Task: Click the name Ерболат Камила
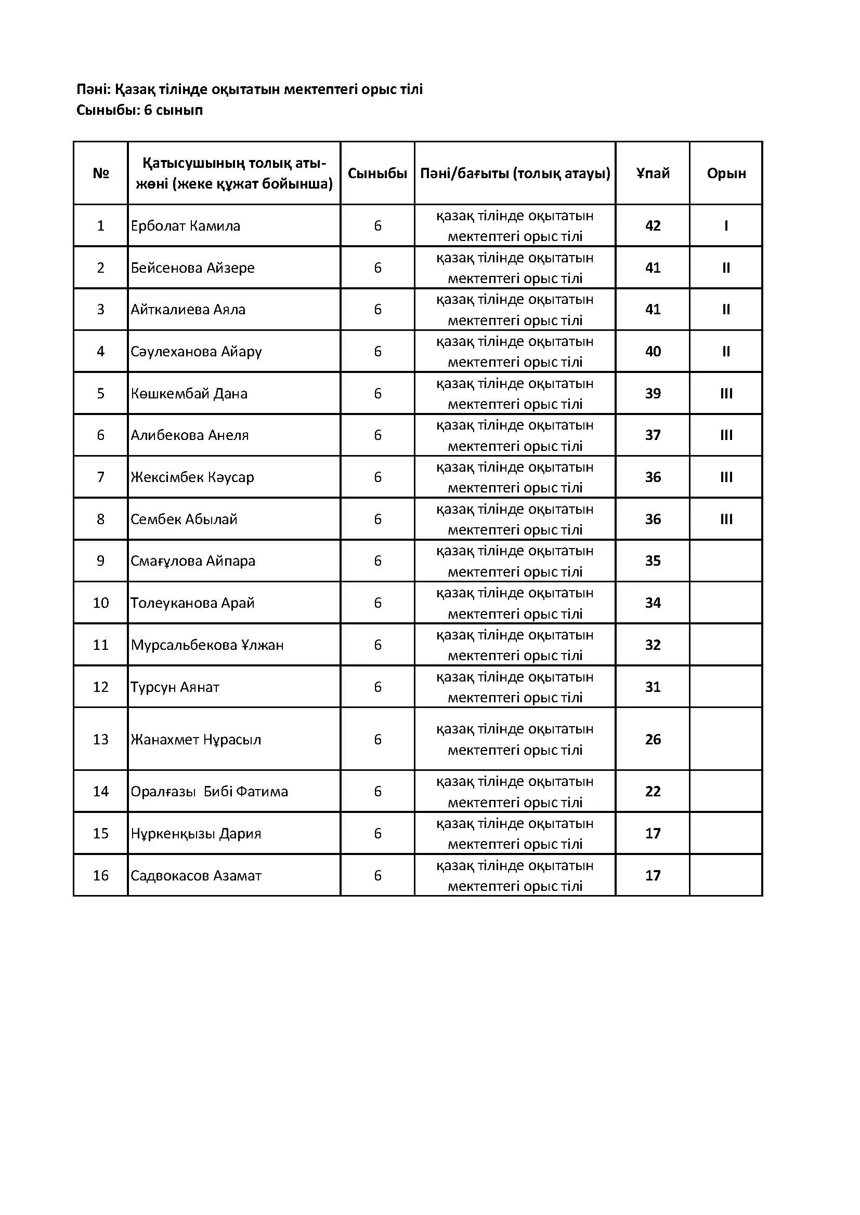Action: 185,226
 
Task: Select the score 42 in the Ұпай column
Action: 653,226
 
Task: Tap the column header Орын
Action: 726,173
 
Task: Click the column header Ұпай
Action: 653,173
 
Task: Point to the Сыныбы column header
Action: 377,173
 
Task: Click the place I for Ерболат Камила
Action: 726,226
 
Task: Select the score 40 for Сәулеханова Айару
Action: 653,351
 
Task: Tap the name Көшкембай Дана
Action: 189,393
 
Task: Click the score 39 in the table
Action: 653,393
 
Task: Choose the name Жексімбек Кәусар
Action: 192,477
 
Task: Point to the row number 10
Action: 101,603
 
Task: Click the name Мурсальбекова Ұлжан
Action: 207,645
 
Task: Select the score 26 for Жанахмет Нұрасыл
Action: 653,739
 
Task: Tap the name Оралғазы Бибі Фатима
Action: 209,792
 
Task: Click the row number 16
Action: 101,876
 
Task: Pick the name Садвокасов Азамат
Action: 196,876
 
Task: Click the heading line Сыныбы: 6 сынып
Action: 139,111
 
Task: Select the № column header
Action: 101,173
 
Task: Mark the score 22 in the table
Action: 653,792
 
